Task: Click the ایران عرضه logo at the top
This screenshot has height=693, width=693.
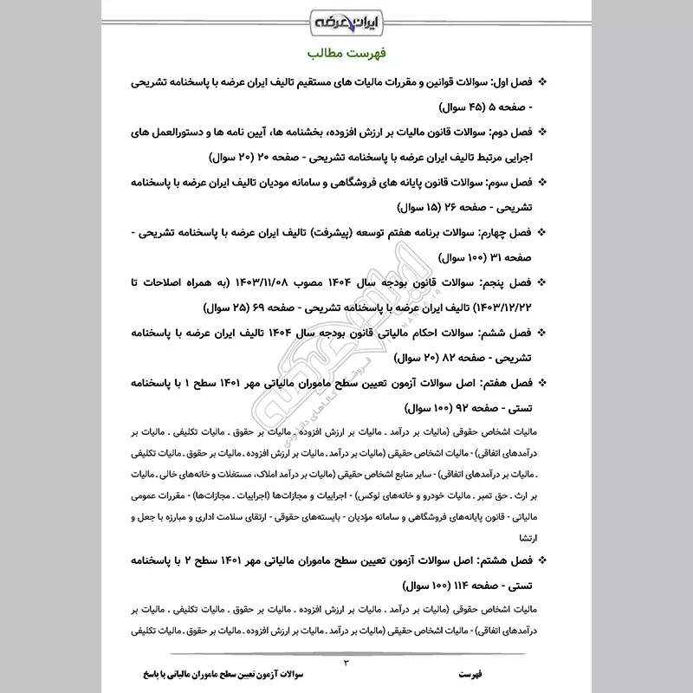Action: pyautogui.click(x=346, y=20)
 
